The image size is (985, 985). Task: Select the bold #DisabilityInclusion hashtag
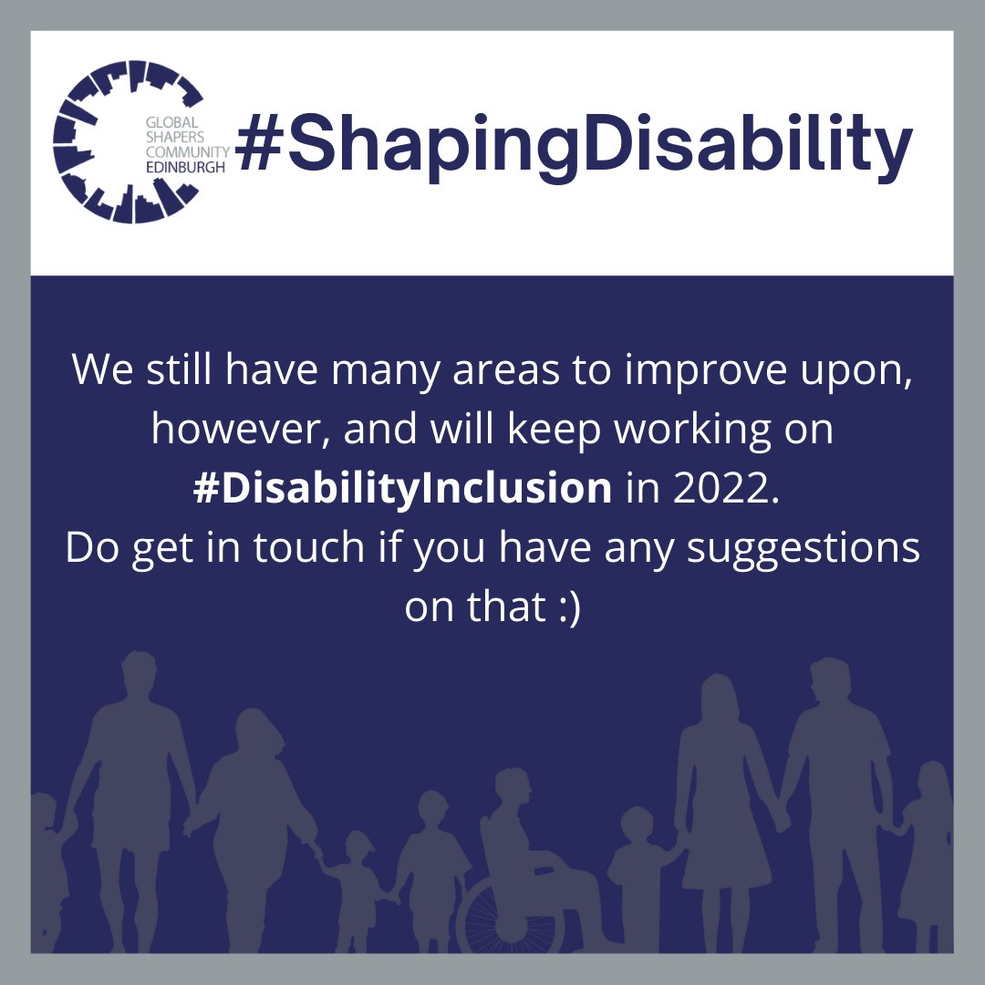pyautogui.click(x=402, y=488)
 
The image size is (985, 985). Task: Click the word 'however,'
pyautogui.click(x=242, y=429)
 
